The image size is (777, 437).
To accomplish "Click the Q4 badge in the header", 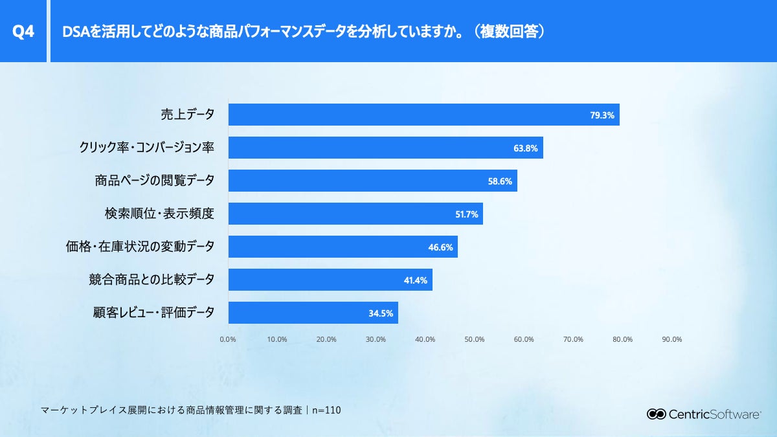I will coord(23,31).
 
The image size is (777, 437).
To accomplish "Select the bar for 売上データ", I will coord(423,115).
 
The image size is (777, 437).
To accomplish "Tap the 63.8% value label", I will coord(525,148).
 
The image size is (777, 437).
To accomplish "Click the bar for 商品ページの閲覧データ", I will coord(372,181).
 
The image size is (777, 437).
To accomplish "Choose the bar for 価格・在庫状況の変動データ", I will coord(343,247).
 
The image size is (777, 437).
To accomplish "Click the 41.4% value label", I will coord(415,280).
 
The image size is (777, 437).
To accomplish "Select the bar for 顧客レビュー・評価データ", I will coord(313,313).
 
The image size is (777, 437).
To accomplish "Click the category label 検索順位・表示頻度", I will coord(159,214).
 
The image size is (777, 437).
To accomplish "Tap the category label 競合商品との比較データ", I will coord(151,280).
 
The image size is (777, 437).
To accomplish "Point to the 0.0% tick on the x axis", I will coord(227,339).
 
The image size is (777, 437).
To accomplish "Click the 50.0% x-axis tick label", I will coord(474,339).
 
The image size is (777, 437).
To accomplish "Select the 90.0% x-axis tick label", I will coord(671,339).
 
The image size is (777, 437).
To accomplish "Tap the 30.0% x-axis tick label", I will coord(376,339).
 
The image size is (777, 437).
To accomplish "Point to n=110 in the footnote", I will coord(326,410).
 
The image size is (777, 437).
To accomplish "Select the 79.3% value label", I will coord(602,115).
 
